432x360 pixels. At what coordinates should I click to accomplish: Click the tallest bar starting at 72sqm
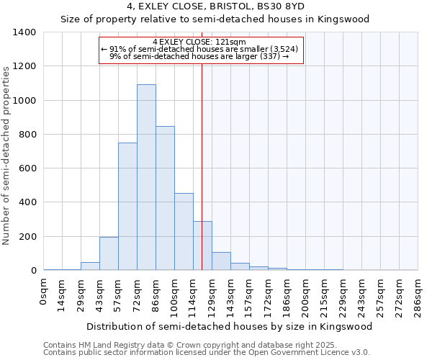146,177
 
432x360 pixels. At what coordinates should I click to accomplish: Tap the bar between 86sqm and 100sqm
165,198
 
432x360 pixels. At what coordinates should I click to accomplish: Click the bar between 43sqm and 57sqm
109,253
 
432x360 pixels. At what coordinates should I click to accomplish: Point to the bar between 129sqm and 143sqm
221,261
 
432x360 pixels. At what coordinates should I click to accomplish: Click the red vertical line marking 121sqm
202,166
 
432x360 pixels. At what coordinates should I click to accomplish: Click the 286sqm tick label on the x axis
418,295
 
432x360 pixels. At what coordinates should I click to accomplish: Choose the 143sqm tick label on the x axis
231,295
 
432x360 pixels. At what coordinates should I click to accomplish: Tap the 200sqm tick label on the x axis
306,295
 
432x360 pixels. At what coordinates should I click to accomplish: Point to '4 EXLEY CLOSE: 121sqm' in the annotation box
199,42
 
